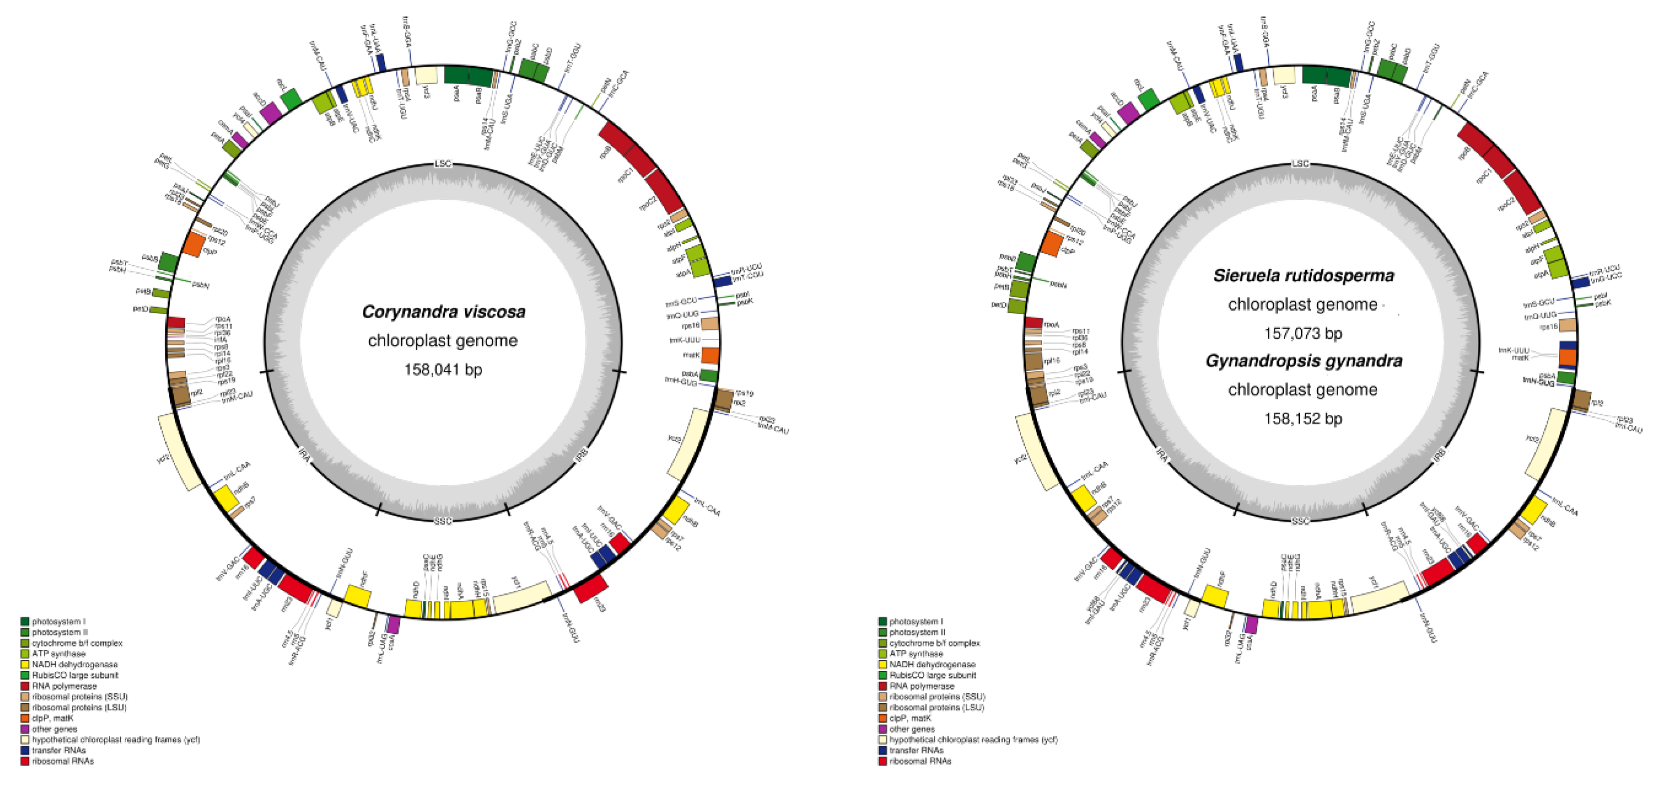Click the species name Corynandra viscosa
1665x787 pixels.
tap(443, 312)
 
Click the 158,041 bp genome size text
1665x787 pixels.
tap(443, 369)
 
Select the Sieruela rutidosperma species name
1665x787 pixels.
tap(1303, 276)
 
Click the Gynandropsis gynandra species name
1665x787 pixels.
tap(1303, 361)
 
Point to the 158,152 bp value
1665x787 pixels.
tap(1303, 419)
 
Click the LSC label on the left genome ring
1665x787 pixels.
tap(443, 164)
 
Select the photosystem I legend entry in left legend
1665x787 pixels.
tap(58, 622)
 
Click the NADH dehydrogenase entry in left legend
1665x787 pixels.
tap(74, 664)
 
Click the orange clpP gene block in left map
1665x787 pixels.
tap(194, 245)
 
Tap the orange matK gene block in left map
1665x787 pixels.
tap(710, 355)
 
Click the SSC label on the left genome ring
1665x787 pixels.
tap(443, 521)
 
